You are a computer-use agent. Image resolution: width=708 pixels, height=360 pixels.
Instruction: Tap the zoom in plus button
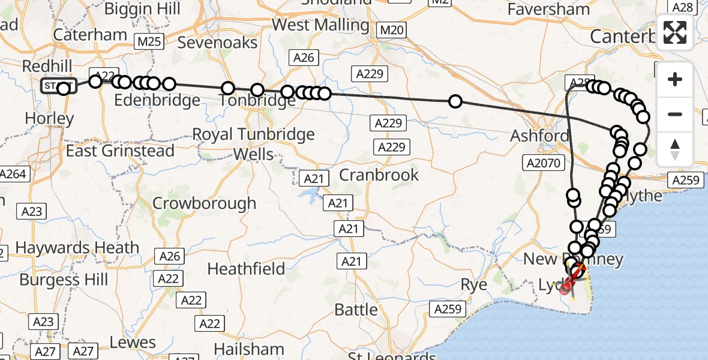[x=675, y=80]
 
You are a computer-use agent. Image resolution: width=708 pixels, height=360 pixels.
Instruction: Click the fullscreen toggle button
[x=675, y=32]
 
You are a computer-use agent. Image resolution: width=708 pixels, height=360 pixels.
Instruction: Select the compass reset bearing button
[x=675, y=149]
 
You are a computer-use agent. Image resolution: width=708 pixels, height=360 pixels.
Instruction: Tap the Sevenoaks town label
[x=217, y=43]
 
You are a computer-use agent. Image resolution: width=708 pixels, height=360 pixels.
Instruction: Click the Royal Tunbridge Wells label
[x=253, y=143]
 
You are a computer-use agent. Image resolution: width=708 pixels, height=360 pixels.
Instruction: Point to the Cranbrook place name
[x=379, y=175]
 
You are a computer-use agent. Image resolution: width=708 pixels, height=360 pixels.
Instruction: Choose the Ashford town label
[x=539, y=136]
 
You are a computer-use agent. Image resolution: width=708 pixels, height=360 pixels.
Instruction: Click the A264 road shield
[x=12, y=175]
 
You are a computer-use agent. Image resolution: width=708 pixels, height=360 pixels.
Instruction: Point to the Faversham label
[x=548, y=10]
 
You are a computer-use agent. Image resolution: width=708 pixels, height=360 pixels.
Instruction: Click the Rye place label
[x=473, y=284]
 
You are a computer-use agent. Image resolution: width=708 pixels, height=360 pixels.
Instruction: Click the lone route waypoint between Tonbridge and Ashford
[x=455, y=101]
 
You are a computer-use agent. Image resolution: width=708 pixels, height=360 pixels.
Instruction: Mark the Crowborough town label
[x=204, y=203]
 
